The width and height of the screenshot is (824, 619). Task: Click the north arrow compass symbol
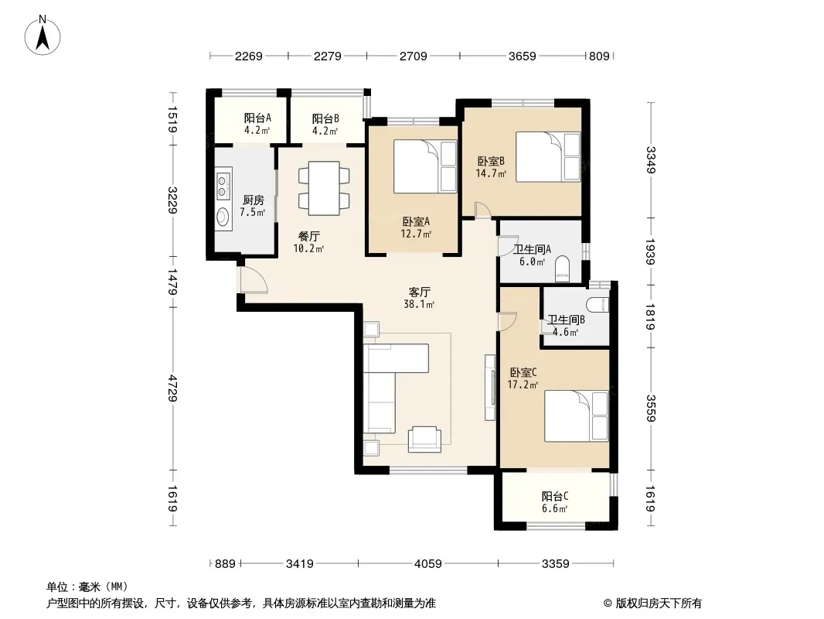coord(43,36)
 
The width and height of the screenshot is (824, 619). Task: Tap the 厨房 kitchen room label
coord(253,200)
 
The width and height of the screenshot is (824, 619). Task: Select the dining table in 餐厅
coord(324,188)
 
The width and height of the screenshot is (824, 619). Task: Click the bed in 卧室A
coord(425,166)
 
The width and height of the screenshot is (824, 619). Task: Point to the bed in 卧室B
coord(547,156)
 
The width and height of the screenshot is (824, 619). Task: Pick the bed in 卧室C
coord(576,416)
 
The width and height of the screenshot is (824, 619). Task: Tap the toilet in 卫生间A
coord(562,267)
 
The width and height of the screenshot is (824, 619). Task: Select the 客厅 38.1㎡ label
coord(419,298)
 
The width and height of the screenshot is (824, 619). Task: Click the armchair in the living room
coord(424,439)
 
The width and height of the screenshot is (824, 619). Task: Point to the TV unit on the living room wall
coord(490,388)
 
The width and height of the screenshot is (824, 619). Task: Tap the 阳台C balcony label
coord(555,496)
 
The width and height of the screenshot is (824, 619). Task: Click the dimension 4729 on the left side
coord(172,388)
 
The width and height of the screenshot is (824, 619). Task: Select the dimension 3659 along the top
coord(523,56)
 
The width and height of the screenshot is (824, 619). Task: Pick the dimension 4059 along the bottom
coord(427,564)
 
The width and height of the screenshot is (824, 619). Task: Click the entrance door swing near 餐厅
coord(254,280)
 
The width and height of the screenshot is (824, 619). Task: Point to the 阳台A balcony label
coord(257,118)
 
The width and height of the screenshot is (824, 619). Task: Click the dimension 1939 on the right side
coord(651,252)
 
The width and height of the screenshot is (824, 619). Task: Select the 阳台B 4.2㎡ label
coord(325,125)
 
